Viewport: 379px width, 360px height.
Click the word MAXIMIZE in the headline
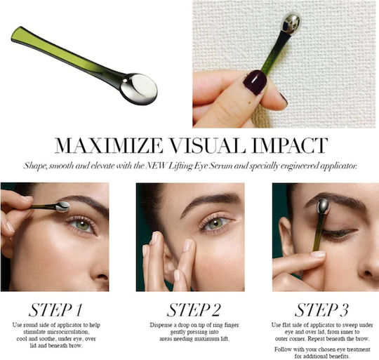click(x=109, y=145)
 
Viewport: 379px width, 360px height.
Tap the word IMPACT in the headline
click(x=290, y=145)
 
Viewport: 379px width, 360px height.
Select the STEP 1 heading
click(x=55, y=309)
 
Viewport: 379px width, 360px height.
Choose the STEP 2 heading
click(x=194, y=309)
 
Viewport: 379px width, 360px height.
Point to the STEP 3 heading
click(x=321, y=309)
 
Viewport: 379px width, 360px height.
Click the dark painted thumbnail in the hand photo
click(x=255, y=82)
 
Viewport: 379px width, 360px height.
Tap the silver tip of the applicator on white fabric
click(x=291, y=23)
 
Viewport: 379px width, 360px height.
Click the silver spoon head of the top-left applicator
click(x=139, y=88)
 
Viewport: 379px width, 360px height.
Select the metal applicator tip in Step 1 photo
click(x=62, y=207)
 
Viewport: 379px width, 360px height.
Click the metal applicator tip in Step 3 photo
click(x=324, y=207)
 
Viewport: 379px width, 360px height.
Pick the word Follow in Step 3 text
click(x=283, y=349)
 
